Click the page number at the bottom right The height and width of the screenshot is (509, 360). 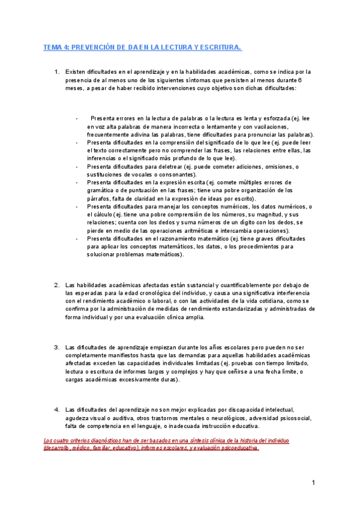tap(314, 483)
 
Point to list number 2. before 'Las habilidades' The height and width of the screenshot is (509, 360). tap(56, 285)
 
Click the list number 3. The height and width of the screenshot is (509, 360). tap(56, 347)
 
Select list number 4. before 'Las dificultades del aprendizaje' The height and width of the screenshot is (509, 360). tap(56, 409)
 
